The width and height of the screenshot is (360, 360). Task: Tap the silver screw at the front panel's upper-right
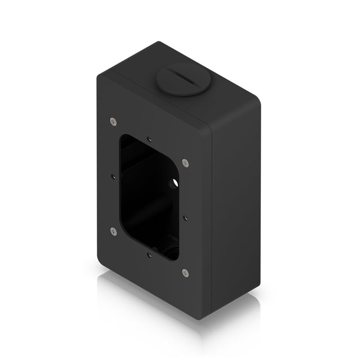(x=186, y=163)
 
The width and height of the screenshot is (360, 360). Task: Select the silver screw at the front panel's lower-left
(x=113, y=231)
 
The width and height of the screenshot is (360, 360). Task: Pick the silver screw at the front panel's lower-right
(x=186, y=272)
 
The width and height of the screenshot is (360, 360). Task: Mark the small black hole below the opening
(x=149, y=254)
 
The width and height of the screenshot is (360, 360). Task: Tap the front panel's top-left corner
(x=99, y=75)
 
